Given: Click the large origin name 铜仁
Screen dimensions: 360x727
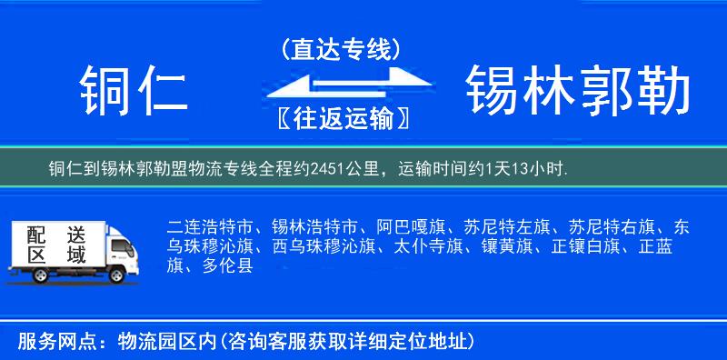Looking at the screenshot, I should pyautogui.click(x=134, y=93).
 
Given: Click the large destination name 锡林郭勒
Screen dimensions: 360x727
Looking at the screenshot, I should pyautogui.click(x=578, y=93).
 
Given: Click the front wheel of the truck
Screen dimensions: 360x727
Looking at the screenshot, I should pyautogui.click(x=117, y=274).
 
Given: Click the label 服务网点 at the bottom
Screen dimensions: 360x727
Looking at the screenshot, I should pyautogui.click(x=54, y=342).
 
